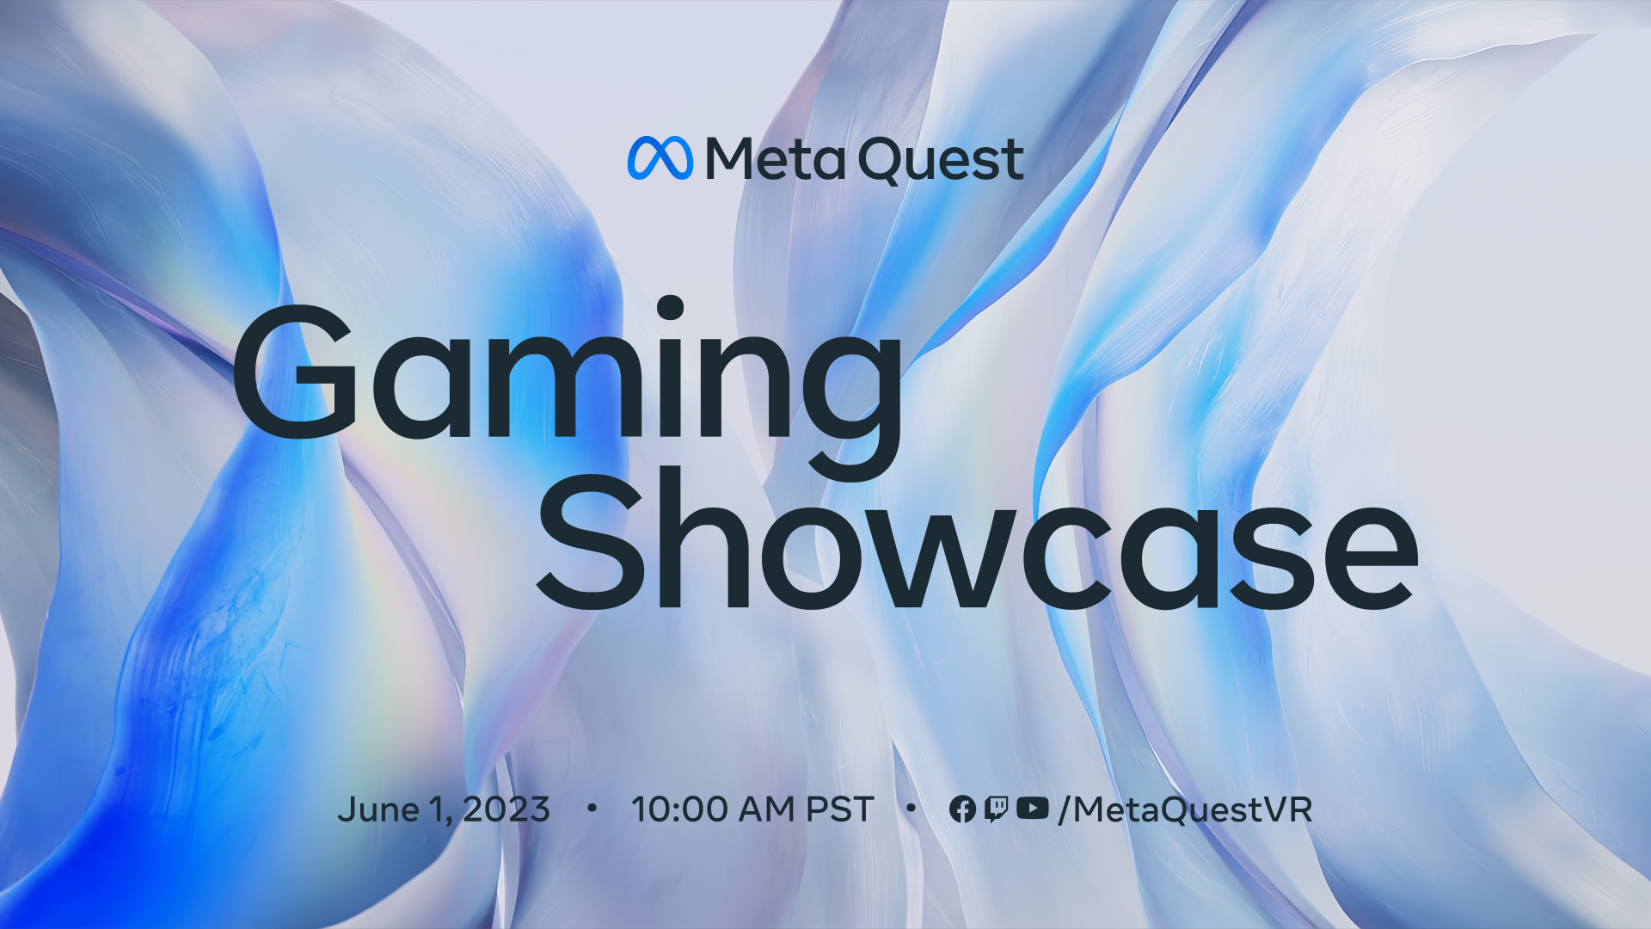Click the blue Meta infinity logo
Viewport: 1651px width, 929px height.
[x=660, y=158]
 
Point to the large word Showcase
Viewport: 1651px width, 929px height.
[x=977, y=542]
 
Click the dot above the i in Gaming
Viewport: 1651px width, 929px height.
[x=670, y=308]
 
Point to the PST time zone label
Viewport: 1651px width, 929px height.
[x=839, y=809]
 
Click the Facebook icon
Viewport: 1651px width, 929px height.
[x=962, y=809]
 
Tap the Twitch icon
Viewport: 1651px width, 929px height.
[x=996, y=809]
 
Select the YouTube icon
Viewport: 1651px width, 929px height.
[x=1032, y=809]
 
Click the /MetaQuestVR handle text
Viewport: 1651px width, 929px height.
[x=1186, y=810]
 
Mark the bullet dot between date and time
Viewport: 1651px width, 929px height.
[x=592, y=808]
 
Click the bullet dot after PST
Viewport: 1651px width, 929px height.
[x=911, y=808]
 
